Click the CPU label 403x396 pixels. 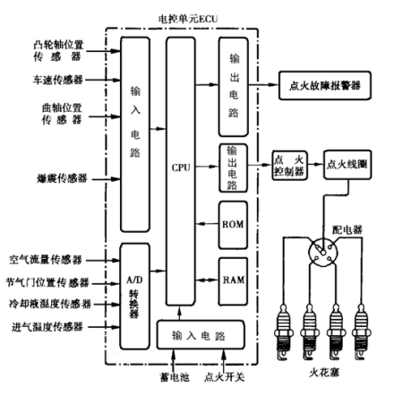click(x=181, y=168)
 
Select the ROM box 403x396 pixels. click(x=233, y=225)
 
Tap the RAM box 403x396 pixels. click(x=233, y=281)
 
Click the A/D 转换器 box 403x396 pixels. click(x=134, y=296)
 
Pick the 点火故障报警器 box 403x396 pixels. click(x=325, y=85)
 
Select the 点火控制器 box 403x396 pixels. click(x=289, y=165)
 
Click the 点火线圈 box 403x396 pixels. click(x=347, y=165)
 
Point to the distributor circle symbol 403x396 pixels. click(x=323, y=252)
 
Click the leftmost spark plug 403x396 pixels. click(x=283, y=331)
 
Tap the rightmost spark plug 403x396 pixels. click(x=362, y=331)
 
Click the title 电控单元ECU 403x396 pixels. click(x=188, y=19)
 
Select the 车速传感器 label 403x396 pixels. click(x=58, y=80)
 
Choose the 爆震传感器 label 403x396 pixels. click(x=62, y=178)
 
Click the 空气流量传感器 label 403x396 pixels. click(x=46, y=260)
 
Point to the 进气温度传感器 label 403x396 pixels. click(x=47, y=327)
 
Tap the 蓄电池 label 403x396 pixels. click(x=175, y=377)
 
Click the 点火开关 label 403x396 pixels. click(x=225, y=377)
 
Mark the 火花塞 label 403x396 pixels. click(x=324, y=373)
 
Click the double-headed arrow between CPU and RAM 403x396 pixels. click(x=207, y=280)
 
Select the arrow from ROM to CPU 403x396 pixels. click(x=207, y=223)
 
